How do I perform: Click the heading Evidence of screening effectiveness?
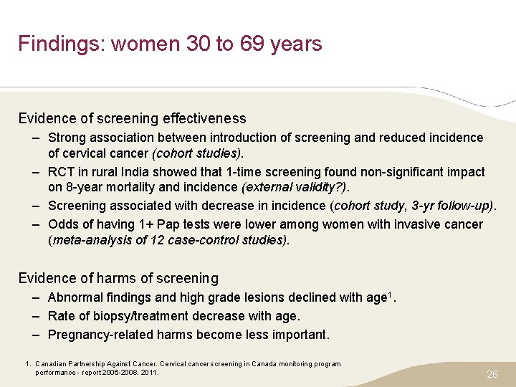pos(132,119)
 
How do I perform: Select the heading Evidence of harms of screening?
pos(118,278)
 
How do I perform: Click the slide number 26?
pos(492,374)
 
